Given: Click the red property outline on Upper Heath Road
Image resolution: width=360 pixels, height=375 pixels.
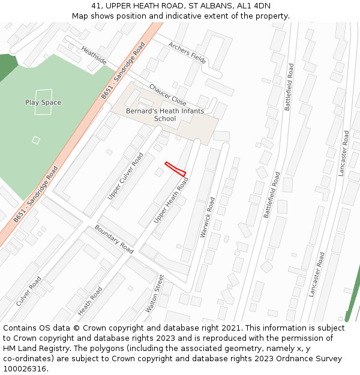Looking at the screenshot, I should point(175,169).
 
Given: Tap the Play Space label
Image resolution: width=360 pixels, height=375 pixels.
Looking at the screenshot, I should point(43,103).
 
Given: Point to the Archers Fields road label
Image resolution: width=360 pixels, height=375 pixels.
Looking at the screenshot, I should point(187,53).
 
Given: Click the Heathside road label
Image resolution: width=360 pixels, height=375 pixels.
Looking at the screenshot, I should point(94,56).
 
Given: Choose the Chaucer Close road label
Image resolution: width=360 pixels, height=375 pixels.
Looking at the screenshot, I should point(167,95).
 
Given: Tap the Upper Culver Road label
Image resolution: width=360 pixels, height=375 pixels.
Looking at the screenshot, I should point(126,176).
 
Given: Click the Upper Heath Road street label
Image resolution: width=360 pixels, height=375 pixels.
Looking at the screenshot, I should point(171,200).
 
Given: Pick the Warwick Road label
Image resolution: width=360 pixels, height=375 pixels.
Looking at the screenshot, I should point(208,217).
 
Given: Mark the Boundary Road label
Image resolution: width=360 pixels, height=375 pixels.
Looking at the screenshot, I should point(114,238).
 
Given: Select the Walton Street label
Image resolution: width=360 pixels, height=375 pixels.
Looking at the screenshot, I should point(154,293).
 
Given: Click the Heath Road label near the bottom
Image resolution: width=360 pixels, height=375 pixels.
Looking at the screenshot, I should point(90,301).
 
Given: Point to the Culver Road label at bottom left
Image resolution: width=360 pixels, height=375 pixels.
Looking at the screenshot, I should point(29,291).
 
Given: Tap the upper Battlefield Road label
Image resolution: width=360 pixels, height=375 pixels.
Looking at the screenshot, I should point(289,86).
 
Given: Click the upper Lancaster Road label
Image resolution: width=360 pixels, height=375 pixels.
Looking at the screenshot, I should point(343,154).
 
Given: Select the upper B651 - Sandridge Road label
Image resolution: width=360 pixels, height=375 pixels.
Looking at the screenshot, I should point(123,70).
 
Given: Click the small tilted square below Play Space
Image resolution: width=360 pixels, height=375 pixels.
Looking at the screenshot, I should point(36,140).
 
